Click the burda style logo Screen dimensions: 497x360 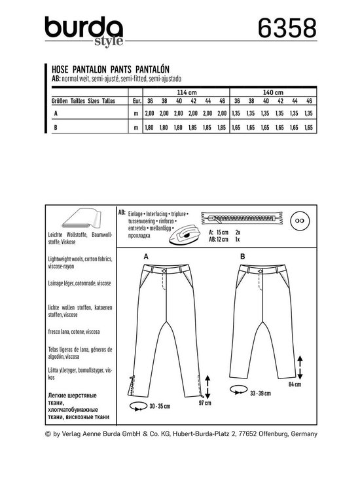click(77, 31)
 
